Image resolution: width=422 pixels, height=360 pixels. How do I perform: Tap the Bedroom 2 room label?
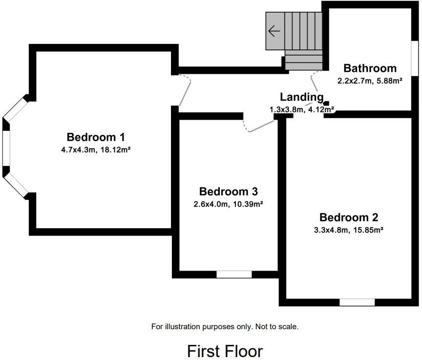pyautogui.click(x=349, y=217)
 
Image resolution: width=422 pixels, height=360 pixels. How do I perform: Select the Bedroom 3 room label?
pyautogui.click(x=229, y=191)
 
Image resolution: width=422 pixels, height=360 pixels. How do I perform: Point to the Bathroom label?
pyautogui.click(x=370, y=68)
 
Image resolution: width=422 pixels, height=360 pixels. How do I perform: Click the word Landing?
pyautogui.click(x=301, y=97)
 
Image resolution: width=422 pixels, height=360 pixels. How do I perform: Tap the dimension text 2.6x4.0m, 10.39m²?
pyautogui.click(x=229, y=204)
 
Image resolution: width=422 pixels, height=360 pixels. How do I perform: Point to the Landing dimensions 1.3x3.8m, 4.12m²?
pyautogui.click(x=301, y=110)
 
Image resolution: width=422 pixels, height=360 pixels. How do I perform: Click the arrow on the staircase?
pyautogui.click(x=274, y=31)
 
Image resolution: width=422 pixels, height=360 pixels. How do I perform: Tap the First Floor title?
pyautogui.click(x=225, y=351)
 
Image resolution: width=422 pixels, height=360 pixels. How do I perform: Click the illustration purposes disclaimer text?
pyautogui.click(x=225, y=326)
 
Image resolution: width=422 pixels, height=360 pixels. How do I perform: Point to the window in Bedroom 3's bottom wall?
pyautogui.click(x=234, y=275)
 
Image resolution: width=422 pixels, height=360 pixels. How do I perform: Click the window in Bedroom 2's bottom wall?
pyautogui.click(x=357, y=302)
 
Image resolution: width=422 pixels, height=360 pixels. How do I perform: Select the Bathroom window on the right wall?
pyautogui.click(x=415, y=58)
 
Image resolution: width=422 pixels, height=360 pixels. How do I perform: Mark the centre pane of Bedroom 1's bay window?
pyautogui.click(x=6, y=149)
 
